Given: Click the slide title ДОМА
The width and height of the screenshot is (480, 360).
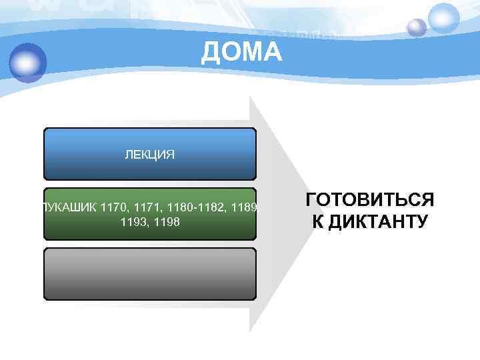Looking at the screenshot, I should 241,51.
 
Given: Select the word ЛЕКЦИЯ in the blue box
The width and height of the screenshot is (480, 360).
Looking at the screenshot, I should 150,155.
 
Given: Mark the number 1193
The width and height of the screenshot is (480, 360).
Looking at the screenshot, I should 134,221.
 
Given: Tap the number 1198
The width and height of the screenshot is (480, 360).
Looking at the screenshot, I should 166,221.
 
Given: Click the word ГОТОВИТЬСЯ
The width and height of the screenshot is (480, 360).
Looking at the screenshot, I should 369,200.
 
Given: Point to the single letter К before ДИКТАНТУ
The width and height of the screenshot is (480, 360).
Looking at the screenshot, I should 317,221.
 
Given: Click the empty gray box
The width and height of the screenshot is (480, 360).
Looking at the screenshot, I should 150,274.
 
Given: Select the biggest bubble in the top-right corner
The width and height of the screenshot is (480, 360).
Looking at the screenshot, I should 443,18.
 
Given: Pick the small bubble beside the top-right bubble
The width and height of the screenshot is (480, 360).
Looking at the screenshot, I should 417,27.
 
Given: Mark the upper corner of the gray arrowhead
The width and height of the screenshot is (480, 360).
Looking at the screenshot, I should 251,97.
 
